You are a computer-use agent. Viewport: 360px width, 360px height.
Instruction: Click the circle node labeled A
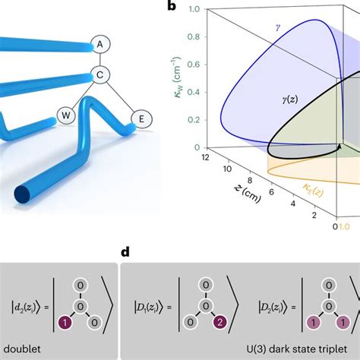[x=99, y=45]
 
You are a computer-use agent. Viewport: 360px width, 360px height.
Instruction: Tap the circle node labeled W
[x=66, y=115]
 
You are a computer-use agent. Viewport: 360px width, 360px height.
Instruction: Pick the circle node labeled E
[x=139, y=117]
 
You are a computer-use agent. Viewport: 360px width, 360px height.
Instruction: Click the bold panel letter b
[x=172, y=8]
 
